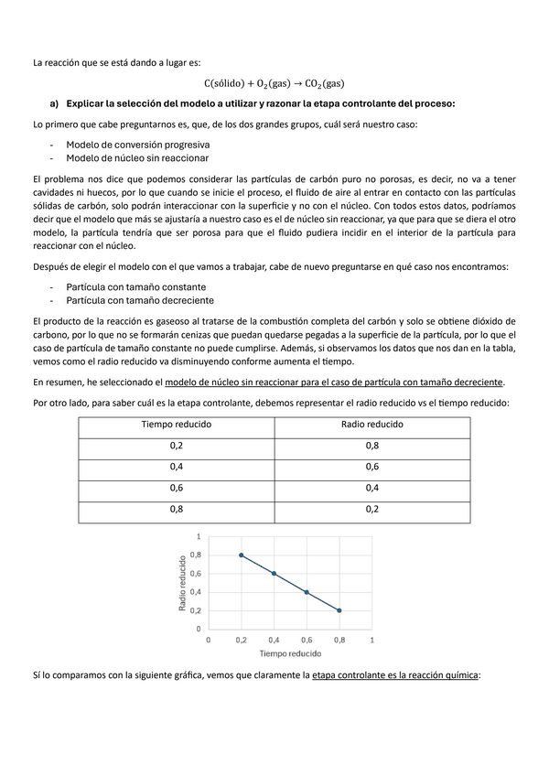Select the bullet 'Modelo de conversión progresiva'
click(137, 145)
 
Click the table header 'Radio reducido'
click(371, 425)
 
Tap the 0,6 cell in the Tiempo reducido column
click(176, 487)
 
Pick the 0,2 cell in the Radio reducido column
click(371, 509)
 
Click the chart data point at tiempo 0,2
click(241, 555)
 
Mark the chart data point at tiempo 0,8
click(339, 610)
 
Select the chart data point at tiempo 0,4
click(274, 574)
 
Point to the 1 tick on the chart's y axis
click(199, 536)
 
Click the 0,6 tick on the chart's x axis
click(307, 640)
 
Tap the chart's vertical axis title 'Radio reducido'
click(183, 583)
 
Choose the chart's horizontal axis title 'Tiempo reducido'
click(290, 654)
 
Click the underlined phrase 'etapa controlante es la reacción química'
click(395, 675)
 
